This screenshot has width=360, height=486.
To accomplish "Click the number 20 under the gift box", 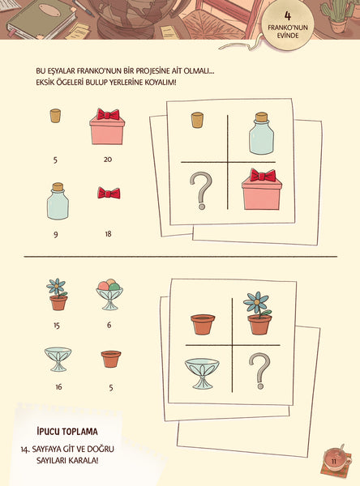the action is pyautogui.click(x=108, y=160).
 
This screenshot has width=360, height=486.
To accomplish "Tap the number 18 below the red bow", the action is pyautogui.click(x=108, y=234).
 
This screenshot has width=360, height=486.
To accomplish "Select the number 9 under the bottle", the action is pyautogui.click(x=56, y=235).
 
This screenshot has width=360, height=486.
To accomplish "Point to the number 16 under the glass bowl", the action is pyautogui.click(x=58, y=387).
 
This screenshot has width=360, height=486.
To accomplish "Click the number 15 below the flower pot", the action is pyautogui.click(x=57, y=326).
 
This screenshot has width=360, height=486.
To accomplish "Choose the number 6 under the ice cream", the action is pyautogui.click(x=109, y=325).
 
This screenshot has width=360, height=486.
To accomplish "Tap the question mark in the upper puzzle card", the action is pyautogui.click(x=201, y=190).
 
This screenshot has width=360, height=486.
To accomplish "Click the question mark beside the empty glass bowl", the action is pyautogui.click(x=259, y=371).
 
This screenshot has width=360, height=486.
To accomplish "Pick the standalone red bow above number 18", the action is pyautogui.click(x=109, y=193).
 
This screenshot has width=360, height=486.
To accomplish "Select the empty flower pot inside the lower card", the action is pyautogui.click(x=203, y=325).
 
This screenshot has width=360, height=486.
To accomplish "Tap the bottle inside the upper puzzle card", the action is pyautogui.click(x=262, y=134).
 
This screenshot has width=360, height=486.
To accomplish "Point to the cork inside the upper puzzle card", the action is pyautogui.click(x=197, y=120).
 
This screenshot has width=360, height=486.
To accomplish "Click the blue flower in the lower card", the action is pyautogui.click(x=256, y=302).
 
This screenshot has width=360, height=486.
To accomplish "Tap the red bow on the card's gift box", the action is pyautogui.click(x=263, y=176).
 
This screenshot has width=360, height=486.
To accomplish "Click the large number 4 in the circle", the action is pyautogui.click(x=288, y=16).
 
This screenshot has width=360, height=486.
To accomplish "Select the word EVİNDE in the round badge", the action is pyautogui.click(x=288, y=36).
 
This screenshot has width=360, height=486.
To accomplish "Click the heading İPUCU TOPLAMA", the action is pyautogui.click(x=67, y=432).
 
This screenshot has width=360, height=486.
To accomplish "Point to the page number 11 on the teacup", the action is pyautogui.click(x=334, y=462).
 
